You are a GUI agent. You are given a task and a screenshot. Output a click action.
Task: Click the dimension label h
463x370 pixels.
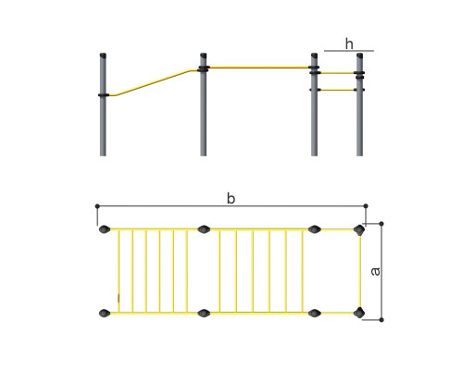click(x=349, y=43)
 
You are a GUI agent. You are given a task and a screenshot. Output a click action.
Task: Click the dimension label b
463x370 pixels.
click(x=231, y=198)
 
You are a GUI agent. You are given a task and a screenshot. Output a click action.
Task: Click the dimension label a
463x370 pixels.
click(x=376, y=271)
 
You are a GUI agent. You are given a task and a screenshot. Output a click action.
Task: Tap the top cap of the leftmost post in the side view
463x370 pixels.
click(x=103, y=55)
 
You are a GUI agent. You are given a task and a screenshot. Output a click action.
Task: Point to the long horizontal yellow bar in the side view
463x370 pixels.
click(x=258, y=68)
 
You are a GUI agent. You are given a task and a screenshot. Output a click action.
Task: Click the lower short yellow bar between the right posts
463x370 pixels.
click(x=337, y=90)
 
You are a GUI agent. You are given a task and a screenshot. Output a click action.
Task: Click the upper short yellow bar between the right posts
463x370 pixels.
click(x=337, y=73)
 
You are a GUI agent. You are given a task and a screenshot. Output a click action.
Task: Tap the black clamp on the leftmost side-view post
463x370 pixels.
click(x=104, y=95)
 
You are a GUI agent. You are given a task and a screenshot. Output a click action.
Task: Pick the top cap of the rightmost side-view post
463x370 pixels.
click(x=359, y=55)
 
